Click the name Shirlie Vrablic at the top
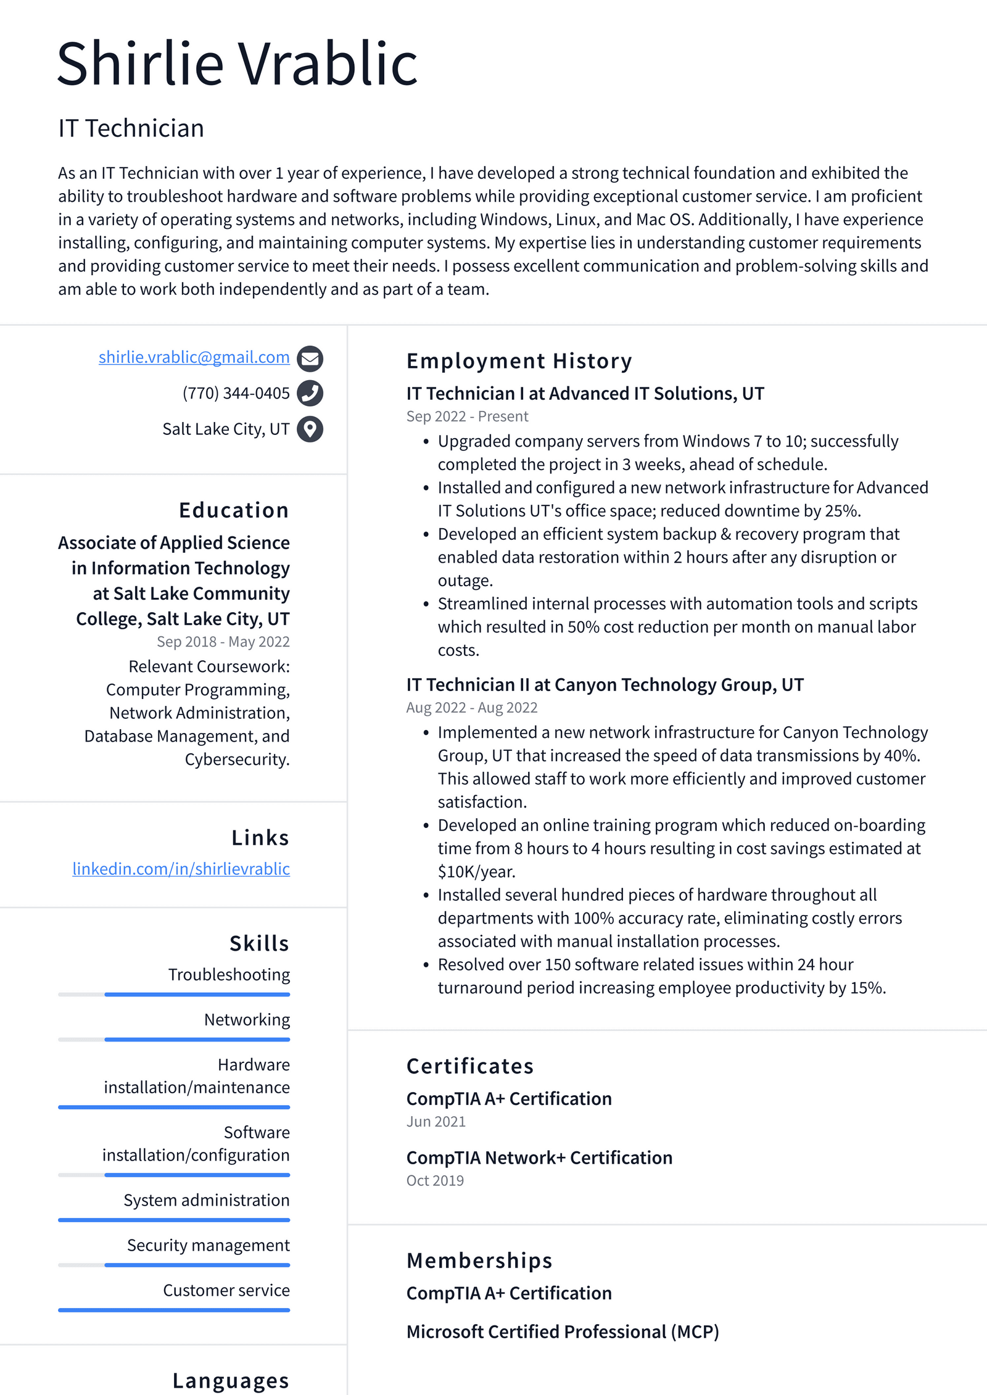pyautogui.click(x=237, y=64)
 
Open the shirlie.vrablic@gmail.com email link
pyautogui.click(x=194, y=357)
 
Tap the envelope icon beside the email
pyautogui.click(x=310, y=358)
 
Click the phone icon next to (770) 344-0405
pyautogui.click(x=310, y=393)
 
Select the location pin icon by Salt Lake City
pyautogui.click(x=310, y=429)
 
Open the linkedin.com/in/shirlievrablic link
pyautogui.click(x=181, y=869)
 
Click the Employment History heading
pyautogui.click(x=519, y=361)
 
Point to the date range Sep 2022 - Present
pyautogui.click(x=467, y=416)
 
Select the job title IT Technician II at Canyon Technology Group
pyautogui.click(x=605, y=685)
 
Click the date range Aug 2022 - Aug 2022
pyautogui.click(x=471, y=708)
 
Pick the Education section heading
pyautogui.click(x=234, y=510)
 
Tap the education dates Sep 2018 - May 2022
pyautogui.click(x=223, y=642)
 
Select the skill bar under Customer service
pyautogui.click(x=174, y=1310)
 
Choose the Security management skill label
pyautogui.click(x=208, y=1245)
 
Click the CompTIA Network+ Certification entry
pyautogui.click(x=539, y=1157)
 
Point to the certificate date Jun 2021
pyautogui.click(x=436, y=1122)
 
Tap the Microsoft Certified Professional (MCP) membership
pyautogui.click(x=563, y=1331)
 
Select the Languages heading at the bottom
pyautogui.click(x=231, y=1380)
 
